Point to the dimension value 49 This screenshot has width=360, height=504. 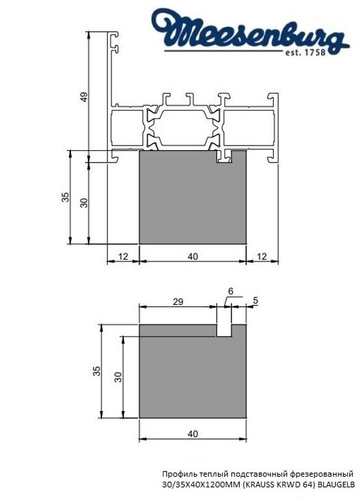tap(83, 97)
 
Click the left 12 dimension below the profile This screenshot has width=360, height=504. tap(123, 256)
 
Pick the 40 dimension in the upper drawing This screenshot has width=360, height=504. tap(192, 256)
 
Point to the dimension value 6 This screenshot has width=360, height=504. tap(230, 291)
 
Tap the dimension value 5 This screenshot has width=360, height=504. tap(255, 300)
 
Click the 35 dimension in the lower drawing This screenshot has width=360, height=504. tap(97, 371)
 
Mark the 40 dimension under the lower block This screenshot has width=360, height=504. tap(192, 432)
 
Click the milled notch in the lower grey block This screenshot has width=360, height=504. tap(224, 330)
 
